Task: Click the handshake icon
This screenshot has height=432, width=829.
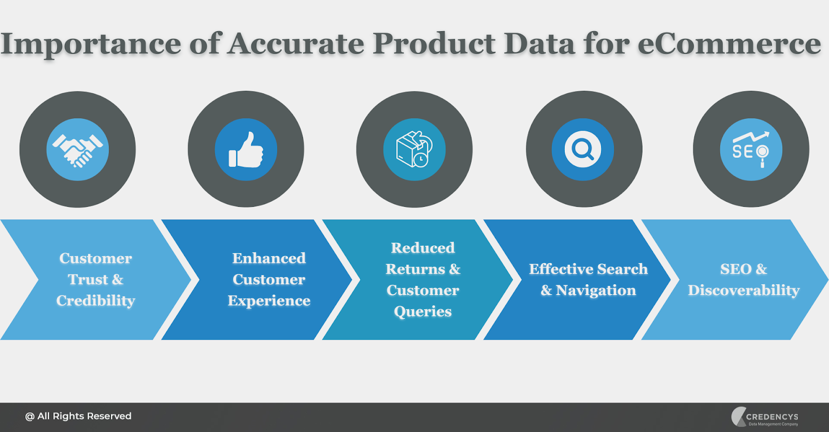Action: [x=78, y=150]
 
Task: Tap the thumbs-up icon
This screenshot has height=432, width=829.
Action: [x=246, y=150]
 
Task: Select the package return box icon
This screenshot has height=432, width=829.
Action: [x=414, y=149]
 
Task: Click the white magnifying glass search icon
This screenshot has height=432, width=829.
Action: [x=582, y=149]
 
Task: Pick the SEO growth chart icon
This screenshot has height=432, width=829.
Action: [x=751, y=150]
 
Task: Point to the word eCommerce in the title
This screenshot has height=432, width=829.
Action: [x=730, y=44]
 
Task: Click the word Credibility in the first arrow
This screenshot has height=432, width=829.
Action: [x=96, y=300]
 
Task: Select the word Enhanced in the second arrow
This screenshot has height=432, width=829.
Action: [x=269, y=258]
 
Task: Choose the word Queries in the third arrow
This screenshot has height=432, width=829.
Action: [x=423, y=312]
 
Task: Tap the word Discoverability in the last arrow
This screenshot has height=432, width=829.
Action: [x=744, y=290]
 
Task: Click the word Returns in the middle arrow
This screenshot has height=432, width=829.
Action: [x=416, y=269]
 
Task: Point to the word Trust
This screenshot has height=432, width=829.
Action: [x=88, y=280]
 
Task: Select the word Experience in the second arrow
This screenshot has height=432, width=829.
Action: [x=269, y=301]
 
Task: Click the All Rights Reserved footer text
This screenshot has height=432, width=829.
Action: [x=78, y=416]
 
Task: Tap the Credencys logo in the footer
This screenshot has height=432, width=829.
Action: [x=765, y=417]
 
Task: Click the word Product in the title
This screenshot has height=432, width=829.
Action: [x=434, y=44]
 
